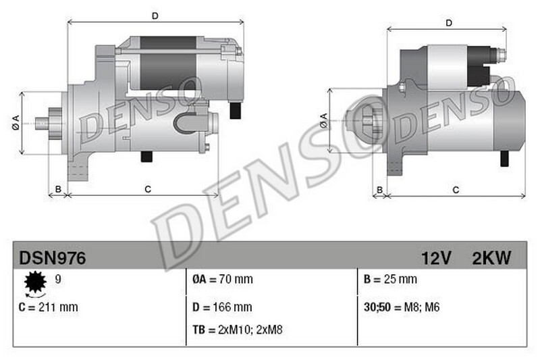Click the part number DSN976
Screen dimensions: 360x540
[52, 257]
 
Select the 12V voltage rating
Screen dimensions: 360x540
[436, 257]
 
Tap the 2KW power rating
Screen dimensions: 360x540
[491, 257]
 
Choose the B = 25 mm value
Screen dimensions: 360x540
[390, 279]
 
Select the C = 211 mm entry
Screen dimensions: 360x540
[49, 307]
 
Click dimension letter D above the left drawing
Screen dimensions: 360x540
[155, 15]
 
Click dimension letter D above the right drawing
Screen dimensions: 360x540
[449, 24]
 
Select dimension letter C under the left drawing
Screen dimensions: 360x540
[147, 189]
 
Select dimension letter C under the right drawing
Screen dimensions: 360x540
[456, 190]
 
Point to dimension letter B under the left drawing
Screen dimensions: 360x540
[58, 189]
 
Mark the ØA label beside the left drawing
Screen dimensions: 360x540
[14, 124]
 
